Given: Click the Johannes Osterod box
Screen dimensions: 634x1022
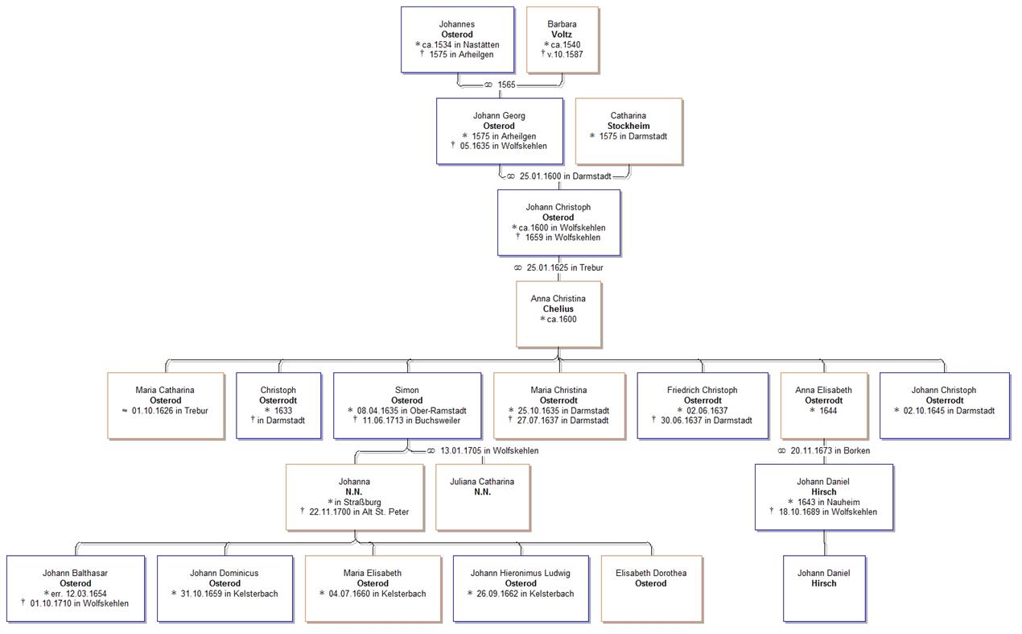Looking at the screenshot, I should click(457, 39).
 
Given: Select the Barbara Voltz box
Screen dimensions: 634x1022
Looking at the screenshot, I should click(562, 39).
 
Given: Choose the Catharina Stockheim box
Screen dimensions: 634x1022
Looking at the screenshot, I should click(628, 131).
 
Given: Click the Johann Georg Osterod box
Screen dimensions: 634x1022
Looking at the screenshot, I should click(499, 131).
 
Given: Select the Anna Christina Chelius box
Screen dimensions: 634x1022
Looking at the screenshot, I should click(558, 313).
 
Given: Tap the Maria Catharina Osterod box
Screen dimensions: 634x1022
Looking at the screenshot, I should click(165, 405).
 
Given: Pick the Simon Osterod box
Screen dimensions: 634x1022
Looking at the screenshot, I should click(406, 405).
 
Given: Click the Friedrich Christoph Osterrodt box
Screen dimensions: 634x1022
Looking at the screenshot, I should click(702, 405).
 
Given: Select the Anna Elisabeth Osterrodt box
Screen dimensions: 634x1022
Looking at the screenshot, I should click(823, 405).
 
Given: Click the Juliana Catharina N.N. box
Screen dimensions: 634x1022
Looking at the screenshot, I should click(483, 497).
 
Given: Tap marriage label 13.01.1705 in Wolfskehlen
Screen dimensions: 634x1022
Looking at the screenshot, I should click(483, 451).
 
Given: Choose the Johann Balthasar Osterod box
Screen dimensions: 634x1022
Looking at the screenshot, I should click(76, 588).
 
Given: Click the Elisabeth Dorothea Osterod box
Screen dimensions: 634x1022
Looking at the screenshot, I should click(650, 588).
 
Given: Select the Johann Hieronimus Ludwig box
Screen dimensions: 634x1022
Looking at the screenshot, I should click(520, 588).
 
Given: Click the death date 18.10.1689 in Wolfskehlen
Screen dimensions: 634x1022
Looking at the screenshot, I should click(827, 512).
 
